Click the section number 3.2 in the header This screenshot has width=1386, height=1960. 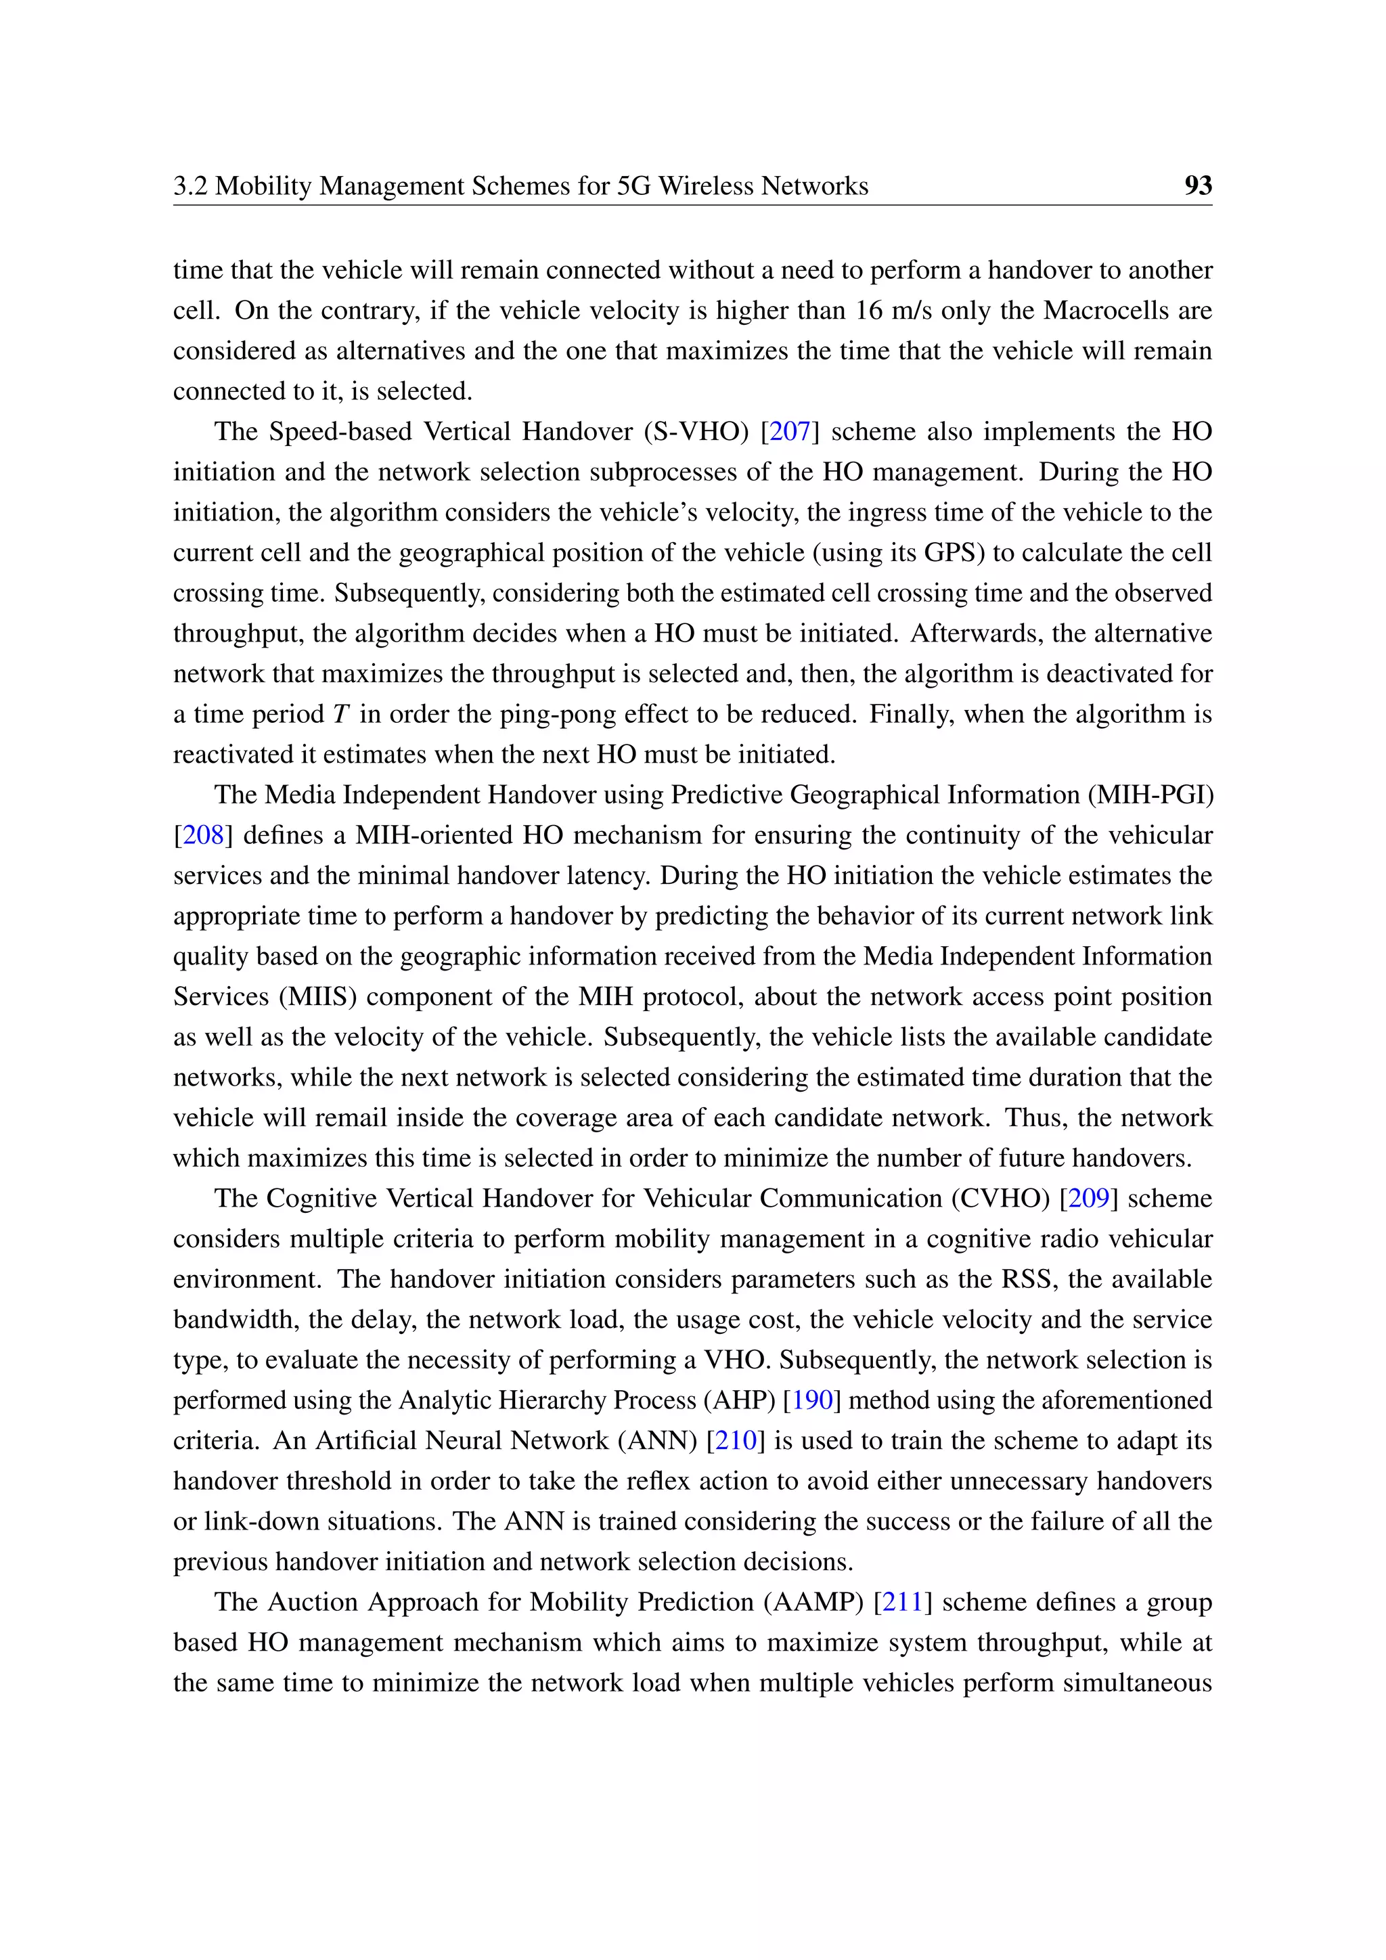(x=190, y=185)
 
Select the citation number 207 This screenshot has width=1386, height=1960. (x=790, y=431)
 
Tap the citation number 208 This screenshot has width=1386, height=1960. (x=203, y=835)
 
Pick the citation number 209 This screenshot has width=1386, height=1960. (x=1088, y=1198)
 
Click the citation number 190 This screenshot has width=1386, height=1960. (x=811, y=1400)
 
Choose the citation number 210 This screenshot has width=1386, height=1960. (x=736, y=1440)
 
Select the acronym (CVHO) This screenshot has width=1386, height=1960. (x=1000, y=1198)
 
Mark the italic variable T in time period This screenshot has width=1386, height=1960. (x=340, y=715)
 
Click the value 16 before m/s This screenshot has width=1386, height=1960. (x=869, y=310)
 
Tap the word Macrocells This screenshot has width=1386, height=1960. (x=1105, y=310)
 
